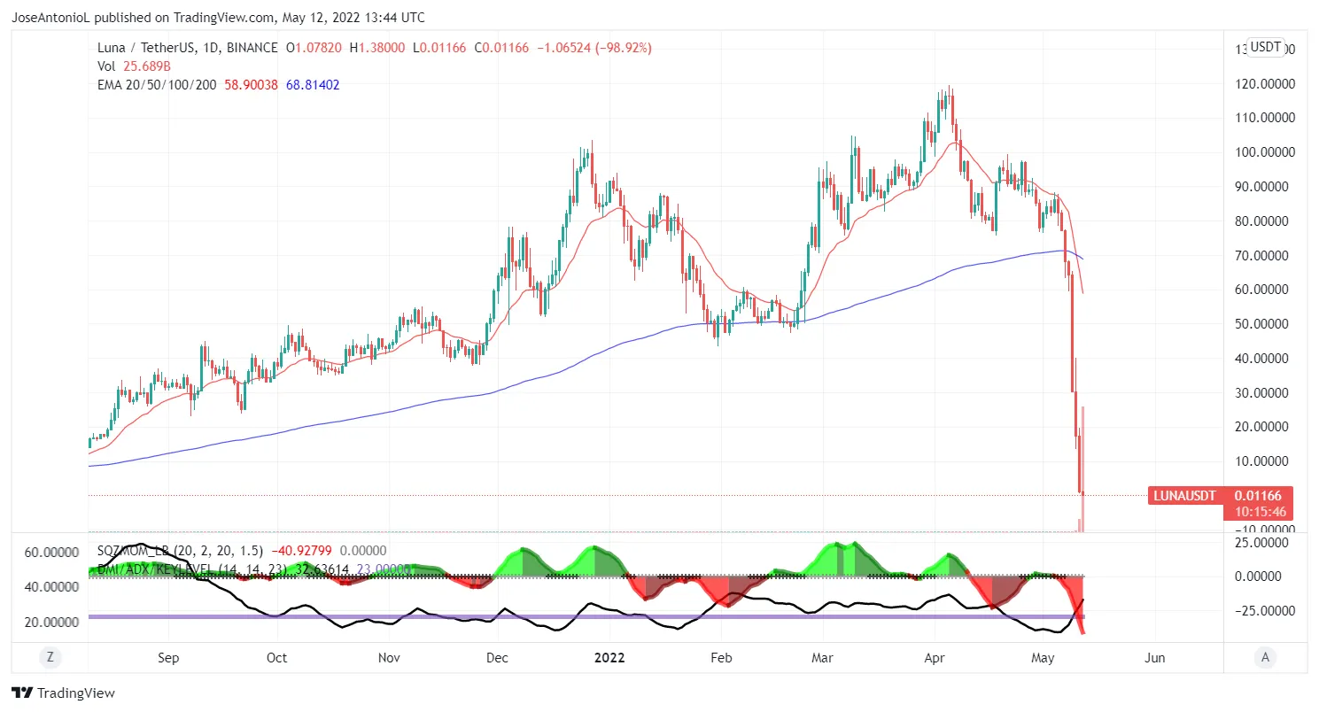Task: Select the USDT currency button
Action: tap(1265, 47)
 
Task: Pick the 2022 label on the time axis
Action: tap(609, 658)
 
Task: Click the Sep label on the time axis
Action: tap(167, 658)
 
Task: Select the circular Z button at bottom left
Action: tap(50, 657)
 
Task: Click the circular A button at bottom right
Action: tap(1265, 657)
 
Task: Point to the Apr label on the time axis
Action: tap(935, 658)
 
